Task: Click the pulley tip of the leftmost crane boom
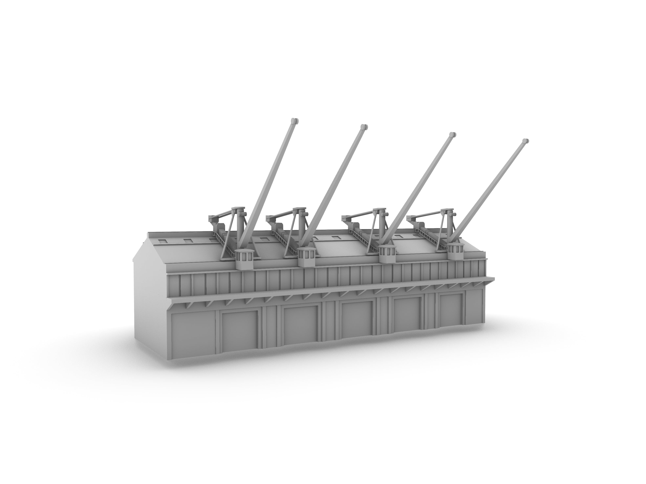294,120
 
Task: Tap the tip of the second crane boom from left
364,127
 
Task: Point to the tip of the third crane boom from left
452,135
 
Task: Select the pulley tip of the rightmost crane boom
525,141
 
